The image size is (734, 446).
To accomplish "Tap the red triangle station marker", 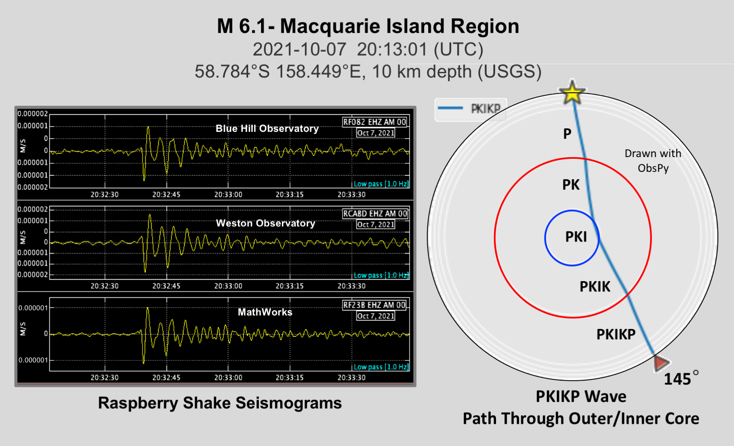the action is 661,363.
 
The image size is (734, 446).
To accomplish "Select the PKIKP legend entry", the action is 470,108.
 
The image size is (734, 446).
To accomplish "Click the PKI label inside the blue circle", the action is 576,237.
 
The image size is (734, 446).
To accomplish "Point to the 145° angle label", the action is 681,378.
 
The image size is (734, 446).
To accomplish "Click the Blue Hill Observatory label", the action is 267,128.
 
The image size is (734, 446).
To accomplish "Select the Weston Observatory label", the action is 265,223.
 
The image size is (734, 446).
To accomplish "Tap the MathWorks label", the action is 265,312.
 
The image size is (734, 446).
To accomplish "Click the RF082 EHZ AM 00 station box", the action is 375,122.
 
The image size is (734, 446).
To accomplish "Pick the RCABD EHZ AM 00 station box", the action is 375,214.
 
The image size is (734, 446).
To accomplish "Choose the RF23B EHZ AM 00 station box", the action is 375,305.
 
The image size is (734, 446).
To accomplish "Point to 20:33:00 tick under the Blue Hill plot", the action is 228,194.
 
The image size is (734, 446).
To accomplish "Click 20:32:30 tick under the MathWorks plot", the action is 104,378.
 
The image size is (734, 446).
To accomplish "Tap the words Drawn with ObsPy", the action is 653,161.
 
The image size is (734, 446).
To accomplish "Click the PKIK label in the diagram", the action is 595,286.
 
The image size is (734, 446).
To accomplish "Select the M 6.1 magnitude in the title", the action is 242,26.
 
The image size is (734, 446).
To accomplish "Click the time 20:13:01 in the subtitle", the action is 392,50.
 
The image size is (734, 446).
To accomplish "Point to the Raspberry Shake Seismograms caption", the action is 220,403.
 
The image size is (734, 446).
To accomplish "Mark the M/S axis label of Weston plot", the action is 23,238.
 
